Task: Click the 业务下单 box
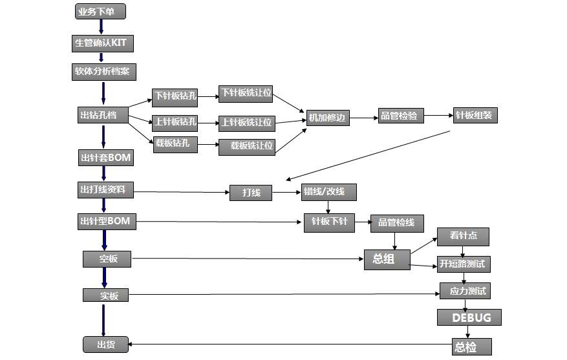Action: (100, 11)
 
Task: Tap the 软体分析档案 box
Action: (103, 72)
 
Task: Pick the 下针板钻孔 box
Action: (175, 97)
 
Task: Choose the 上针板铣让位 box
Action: (246, 122)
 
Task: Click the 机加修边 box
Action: (328, 118)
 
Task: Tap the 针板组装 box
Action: (475, 116)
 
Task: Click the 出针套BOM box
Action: (106, 157)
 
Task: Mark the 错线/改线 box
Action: (328, 192)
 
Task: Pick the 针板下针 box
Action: (330, 222)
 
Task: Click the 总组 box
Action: (387, 259)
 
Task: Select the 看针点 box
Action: (463, 237)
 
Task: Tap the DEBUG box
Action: (469, 317)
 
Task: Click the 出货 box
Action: (105, 344)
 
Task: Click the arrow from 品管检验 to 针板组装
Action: (438, 116)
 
